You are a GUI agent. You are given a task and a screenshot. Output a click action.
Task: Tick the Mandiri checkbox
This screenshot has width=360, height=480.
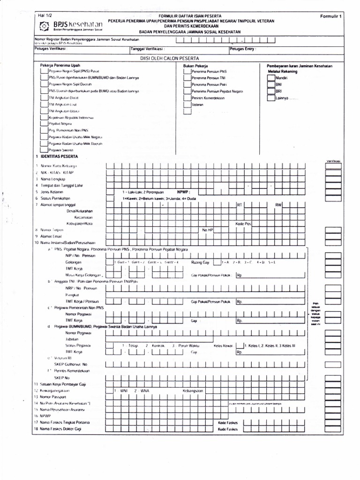coord(271,77)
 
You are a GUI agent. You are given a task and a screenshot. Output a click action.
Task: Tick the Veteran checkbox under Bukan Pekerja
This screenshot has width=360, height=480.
coord(187,105)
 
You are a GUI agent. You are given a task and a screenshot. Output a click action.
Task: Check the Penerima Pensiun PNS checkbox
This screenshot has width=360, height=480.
coord(187,72)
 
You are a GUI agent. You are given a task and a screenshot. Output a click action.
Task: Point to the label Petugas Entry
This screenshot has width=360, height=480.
coord(243,48)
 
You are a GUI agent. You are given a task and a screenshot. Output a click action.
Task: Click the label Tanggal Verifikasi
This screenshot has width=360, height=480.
coord(148,48)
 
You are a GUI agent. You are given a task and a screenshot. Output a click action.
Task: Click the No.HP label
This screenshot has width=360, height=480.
coord(207,230)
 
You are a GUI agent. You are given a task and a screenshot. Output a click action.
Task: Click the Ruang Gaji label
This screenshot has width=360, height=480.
coord(200,262)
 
